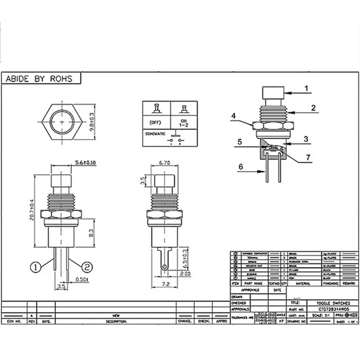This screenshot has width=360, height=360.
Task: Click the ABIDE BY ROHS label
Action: [x=38, y=78]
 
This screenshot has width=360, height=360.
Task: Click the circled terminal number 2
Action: [x=87, y=266]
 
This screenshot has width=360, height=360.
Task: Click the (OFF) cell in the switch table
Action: [x=156, y=122]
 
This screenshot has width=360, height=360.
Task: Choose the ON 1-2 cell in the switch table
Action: [x=184, y=122]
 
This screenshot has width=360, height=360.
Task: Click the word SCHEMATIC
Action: [x=155, y=134]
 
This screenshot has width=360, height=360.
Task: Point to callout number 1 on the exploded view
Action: [x=306, y=89]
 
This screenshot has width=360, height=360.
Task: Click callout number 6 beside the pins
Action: [x=240, y=166]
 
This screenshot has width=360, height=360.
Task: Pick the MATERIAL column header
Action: [x=303, y=284]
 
